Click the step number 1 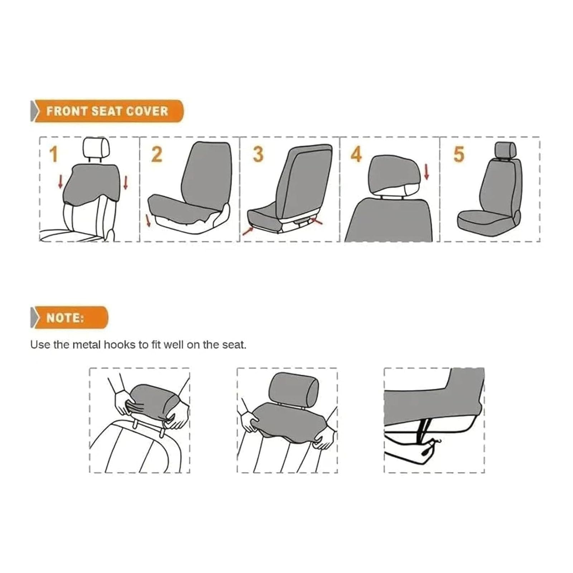pos(53,154)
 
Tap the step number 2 pos(157,154)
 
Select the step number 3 pos(258,154)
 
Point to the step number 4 pos(356,154)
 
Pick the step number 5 pos(459,154)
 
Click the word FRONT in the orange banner pos(67,111)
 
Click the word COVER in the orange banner pos(147,111)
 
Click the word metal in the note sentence pos(87,345)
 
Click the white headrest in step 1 pos(96,148)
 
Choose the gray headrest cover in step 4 pos(393,174)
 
